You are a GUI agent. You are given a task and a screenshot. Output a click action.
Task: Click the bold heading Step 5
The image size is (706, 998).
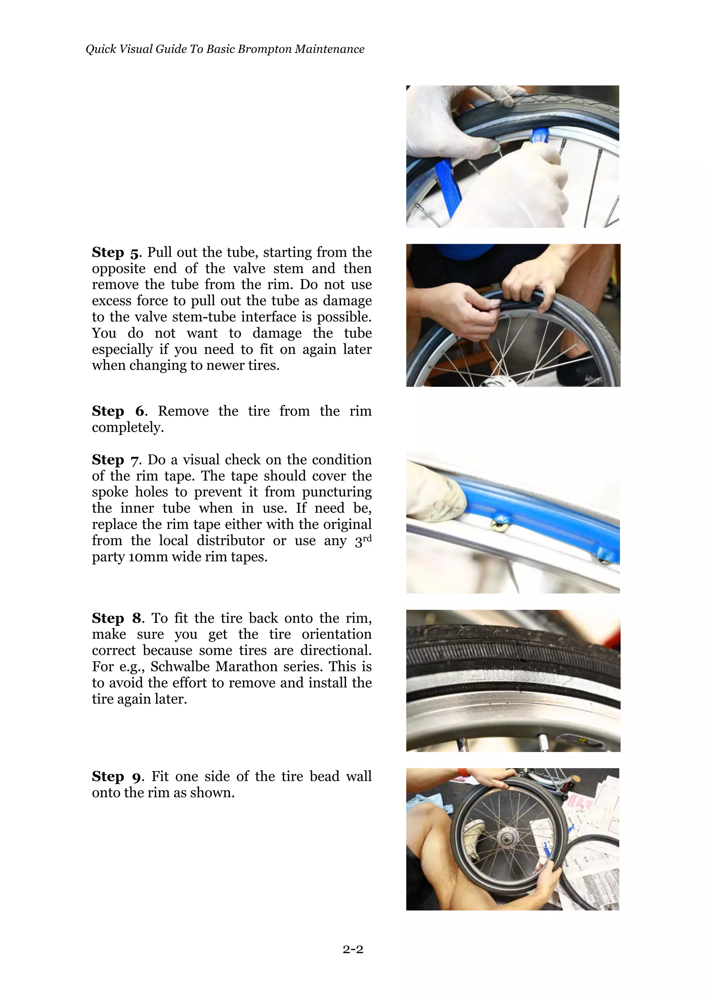(115, 253)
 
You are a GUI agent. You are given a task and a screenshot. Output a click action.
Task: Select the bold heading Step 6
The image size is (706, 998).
(118, 411)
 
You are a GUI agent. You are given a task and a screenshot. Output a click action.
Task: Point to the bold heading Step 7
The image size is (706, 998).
(115, 460)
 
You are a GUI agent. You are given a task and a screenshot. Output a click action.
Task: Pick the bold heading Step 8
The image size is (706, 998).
(117, 618)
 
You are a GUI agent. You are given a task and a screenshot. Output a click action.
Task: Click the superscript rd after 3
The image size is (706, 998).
(367, 538)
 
